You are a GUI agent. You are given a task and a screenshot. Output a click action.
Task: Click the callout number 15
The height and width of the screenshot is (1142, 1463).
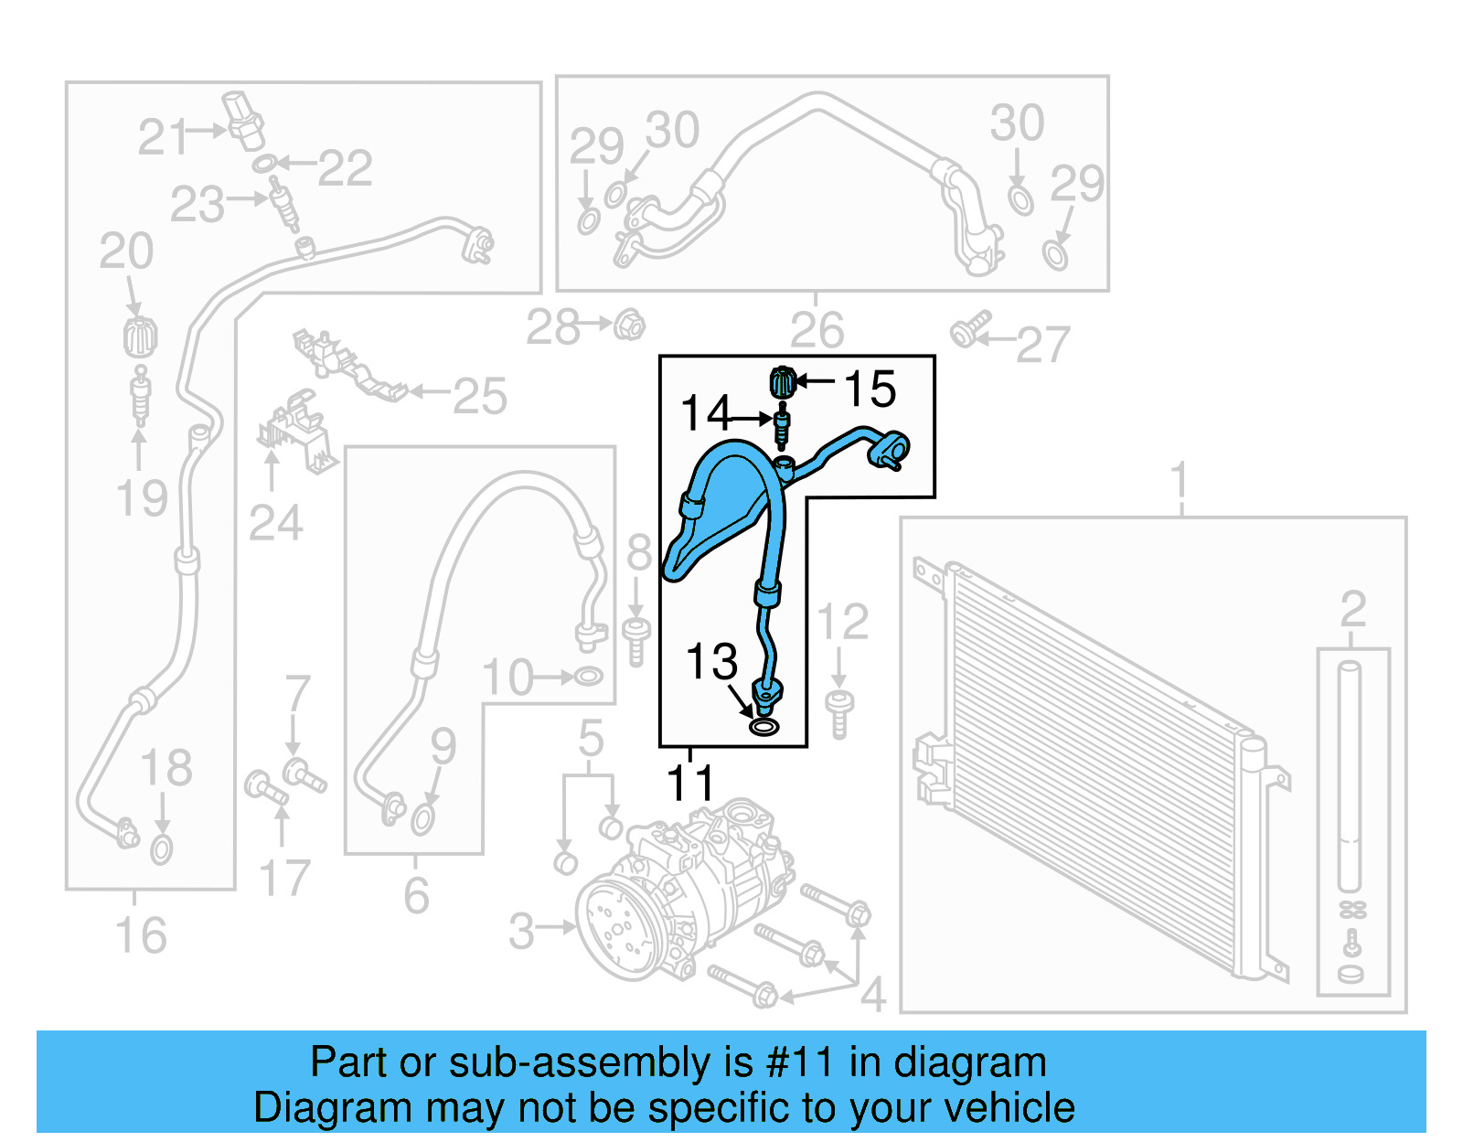pyautogui.click(x=870, y=390)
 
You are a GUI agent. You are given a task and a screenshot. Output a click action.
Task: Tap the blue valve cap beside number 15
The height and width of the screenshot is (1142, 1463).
pyautogui.click(x=783, y=380)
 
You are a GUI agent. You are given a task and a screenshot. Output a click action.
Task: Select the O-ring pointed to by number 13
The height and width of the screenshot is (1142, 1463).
pyautogui.click(x=764, y=727)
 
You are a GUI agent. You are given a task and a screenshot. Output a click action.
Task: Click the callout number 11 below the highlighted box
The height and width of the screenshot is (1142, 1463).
pyautogui.click(x=690, y=783)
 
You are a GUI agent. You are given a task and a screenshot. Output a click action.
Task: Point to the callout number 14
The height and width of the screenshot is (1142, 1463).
pyautogui.click(x=706, y=413)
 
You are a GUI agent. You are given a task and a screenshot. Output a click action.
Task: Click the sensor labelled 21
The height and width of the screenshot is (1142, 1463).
pyautogui.click(x=244, y=119)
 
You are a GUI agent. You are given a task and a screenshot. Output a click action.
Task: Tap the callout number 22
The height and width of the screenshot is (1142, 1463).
pyautogui.click(x=345, y=168)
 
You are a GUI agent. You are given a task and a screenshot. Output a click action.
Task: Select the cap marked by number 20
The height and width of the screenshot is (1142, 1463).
pyautogui.click(x=140, y=336)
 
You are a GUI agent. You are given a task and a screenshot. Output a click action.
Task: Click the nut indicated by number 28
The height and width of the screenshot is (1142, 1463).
pyautogui.click(x=629, y=325)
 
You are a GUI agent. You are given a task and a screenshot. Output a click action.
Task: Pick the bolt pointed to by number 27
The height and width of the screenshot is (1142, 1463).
pyautogui.click(x=968, y=330)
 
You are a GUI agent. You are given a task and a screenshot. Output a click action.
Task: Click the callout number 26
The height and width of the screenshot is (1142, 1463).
pyautogui.click(x=817, y=330)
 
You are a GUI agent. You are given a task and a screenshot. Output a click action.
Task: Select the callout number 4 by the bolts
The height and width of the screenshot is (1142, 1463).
pyautogui.click(x=873, y=995)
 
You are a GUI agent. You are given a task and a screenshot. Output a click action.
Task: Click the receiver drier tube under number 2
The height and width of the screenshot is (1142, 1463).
pyautogui.click(x=1350, y=777)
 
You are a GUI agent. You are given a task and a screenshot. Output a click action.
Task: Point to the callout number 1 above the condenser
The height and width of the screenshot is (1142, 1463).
pyautogui.click(x=1180, y=480)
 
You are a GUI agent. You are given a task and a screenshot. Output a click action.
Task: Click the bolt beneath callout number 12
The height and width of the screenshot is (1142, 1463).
pyautogui.click(x=839, y=713)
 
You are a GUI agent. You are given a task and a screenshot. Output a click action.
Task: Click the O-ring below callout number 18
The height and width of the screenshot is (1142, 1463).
pyautogui.click(x=161, y=849)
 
